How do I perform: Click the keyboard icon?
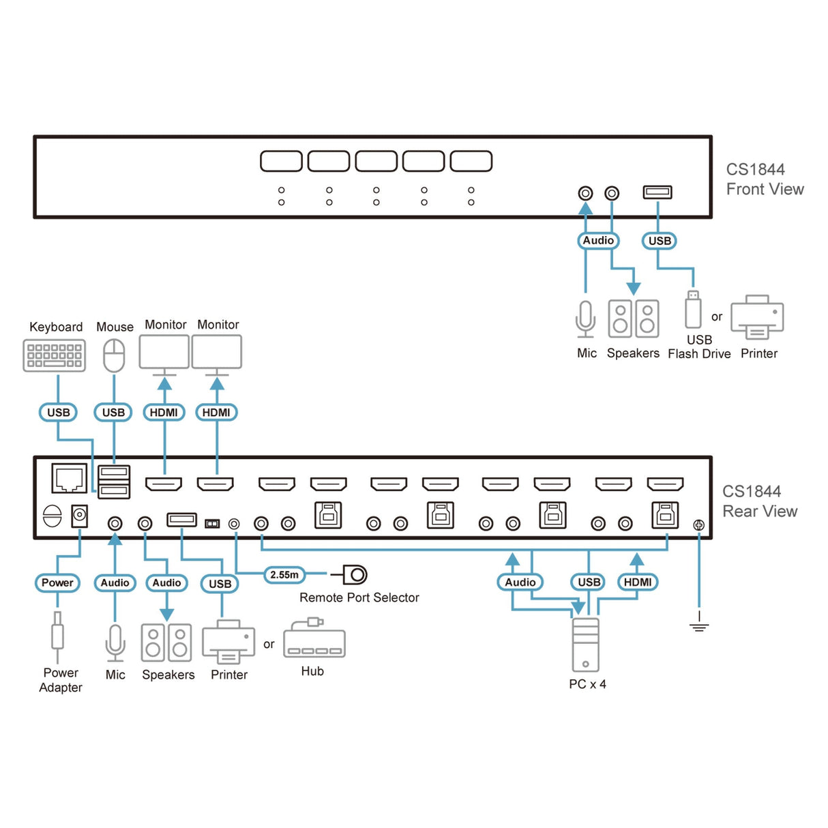point(55,355)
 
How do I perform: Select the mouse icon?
point(114,355)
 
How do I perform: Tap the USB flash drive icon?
point(693,310)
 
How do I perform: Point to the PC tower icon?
point(586,645)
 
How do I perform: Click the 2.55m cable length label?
point(284,575)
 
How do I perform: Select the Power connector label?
point(57,583)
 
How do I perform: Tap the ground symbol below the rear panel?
point(699,625)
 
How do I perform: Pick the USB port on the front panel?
point(657,192)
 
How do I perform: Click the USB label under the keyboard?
point(58,413)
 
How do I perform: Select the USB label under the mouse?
point(113,413)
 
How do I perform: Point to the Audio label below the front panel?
point(598,241)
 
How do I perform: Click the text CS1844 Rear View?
point(759,501)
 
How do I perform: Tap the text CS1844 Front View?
point(765,179)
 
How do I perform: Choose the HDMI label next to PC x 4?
point(638,582)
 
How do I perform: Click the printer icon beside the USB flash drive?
point(757,317)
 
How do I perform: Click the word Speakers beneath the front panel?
point(633,353)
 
